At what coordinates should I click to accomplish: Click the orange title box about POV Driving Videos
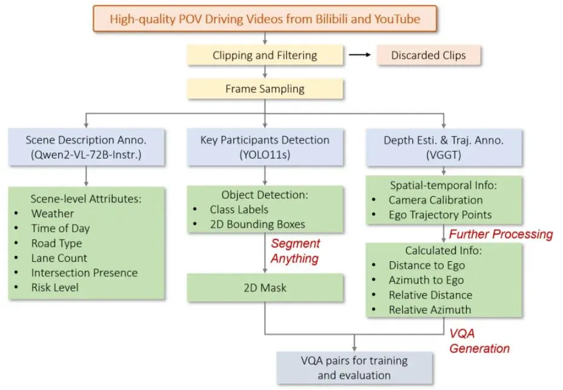coord(265,19)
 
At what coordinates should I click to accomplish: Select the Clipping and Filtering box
coord(265,56)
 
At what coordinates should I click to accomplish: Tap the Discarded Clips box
coord(428,56)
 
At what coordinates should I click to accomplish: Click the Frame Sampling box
coord(265,89)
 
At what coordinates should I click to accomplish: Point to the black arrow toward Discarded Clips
coord(358,56)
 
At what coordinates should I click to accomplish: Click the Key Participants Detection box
coord(265,147)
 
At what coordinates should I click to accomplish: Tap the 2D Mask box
coord(265,288)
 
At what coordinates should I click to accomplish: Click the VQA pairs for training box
coord(354,368)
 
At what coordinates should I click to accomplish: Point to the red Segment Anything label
coord(295,250)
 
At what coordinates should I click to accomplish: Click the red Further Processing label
coord(500,234)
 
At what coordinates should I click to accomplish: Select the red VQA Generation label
coord(479,342)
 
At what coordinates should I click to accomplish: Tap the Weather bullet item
coord(53,213)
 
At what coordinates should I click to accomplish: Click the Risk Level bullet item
coord(55,288)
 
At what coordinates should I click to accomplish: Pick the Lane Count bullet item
coord(59,258)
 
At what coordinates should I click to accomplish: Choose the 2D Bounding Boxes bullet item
coord(257,224)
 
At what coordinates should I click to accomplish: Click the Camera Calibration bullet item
coord(436,200)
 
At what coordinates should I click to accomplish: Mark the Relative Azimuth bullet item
coord(430,310)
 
